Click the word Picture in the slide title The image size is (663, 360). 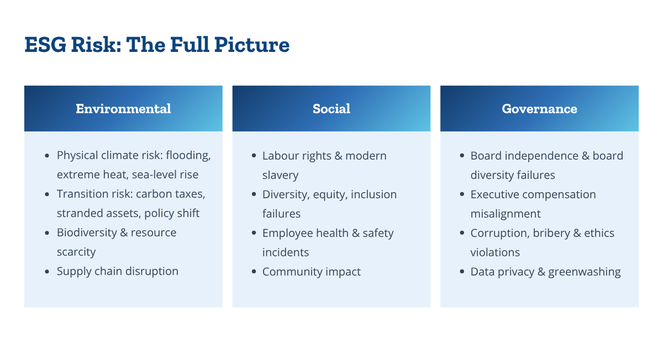252,45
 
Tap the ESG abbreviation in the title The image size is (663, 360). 45,45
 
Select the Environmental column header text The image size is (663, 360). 123,109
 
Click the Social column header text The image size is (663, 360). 331,109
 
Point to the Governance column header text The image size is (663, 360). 539,109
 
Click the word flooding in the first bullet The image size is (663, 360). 188,156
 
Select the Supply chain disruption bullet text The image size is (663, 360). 118,272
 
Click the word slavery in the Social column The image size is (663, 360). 280,175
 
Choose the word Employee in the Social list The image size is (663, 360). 287,234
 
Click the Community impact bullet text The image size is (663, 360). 312,272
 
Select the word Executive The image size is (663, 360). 491,195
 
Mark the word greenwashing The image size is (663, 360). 585,272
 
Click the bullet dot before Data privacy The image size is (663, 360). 462,272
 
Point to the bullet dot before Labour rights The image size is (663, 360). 254,156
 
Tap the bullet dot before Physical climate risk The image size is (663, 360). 47,156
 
